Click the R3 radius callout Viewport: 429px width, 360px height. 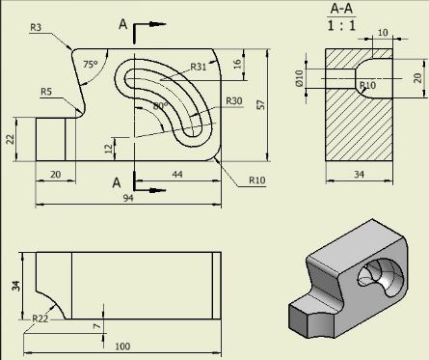tap(36, 28)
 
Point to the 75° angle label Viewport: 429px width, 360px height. tap(91, 65)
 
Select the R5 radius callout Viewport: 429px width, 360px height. tap(46, 92)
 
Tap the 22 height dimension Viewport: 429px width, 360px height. tap(11, 139)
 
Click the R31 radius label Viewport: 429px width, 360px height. tap(199, 67)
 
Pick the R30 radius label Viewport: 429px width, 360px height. tap(233, 101)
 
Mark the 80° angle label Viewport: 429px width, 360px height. tap(160, 106)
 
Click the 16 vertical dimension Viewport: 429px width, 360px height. tap(237, 64)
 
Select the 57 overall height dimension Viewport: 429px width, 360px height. tap(261, 105)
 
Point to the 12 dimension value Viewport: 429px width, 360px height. tap(109, 149)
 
